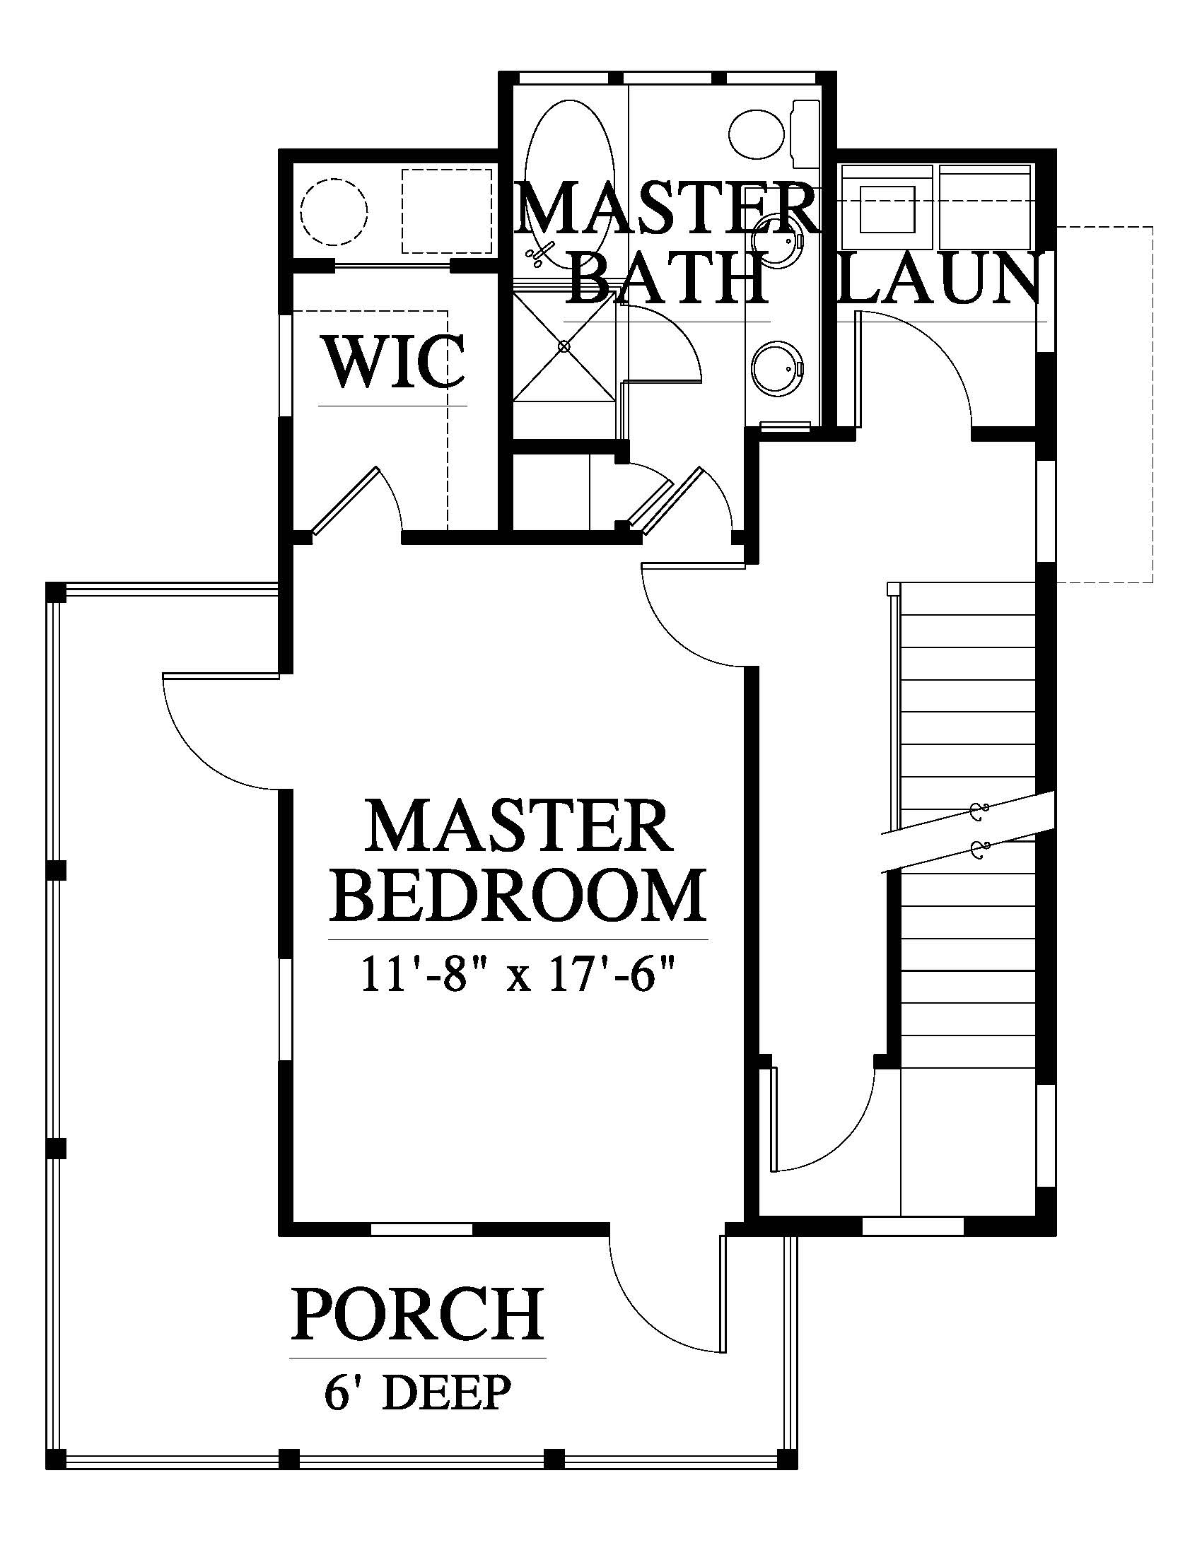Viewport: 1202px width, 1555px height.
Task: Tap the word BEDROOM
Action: click(x=518, y=895)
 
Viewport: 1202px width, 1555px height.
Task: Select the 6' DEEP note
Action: click(x=418, y=1392)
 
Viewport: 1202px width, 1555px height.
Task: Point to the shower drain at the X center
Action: click(x=564, y=347)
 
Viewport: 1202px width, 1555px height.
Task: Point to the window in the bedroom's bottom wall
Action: click(x=421, y=1229)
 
